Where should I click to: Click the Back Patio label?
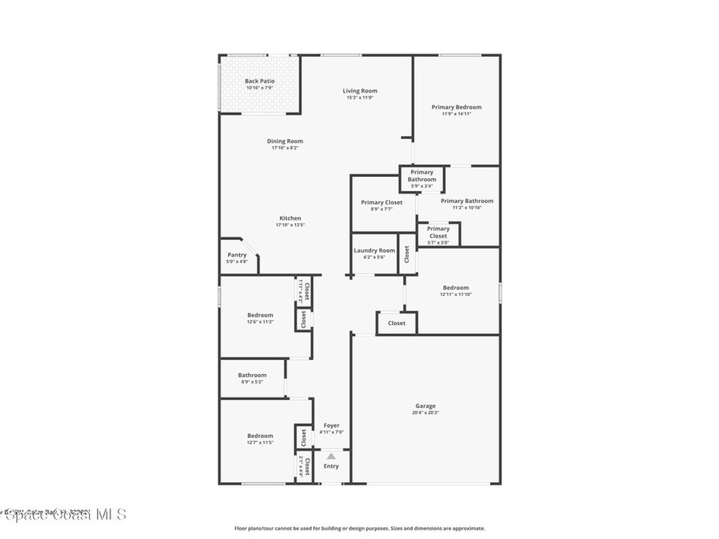pyautogui.click(x=260, y=81)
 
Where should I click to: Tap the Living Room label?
pyautogui.click(x=359, y=91)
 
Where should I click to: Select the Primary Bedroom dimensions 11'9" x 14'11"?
pyautogui.click(x=456, y=114)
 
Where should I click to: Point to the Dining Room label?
pyautogui.click(x=285, y=141)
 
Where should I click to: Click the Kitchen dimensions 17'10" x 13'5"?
pyautogui.click(x=289, y=226)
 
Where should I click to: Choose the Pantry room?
pyautogui.click(x=237, y=258)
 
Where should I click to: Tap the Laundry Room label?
pyautogui.click(x=374, y=251)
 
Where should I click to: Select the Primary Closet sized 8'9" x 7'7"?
pyautogui.click(x=382, y=205)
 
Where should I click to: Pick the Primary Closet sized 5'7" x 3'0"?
pyautogui.click(x=438, y=235)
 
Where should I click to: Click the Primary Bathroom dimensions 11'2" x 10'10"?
pyautogui.click(x=467, y=208)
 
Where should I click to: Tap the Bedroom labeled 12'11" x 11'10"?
pyautogui.click(x=456, y=291)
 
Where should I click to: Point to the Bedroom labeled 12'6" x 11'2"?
pyautogui.click(x=260, y=318)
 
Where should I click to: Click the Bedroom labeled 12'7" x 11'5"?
pyautogui.click(x=260, y=439)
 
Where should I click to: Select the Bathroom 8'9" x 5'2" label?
pyautogui.click(x=252, y=378)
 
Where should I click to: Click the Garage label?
pyautogui.click(x=426, y=406)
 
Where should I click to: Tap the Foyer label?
pyautogui.click(x=331, y=425)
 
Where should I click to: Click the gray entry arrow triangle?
pyautogui.click(x=331, y=456)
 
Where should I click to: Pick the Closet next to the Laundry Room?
pyautogui.click(x=407, y=254)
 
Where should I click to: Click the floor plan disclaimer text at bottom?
pyautogui.click(x=359, y=528)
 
